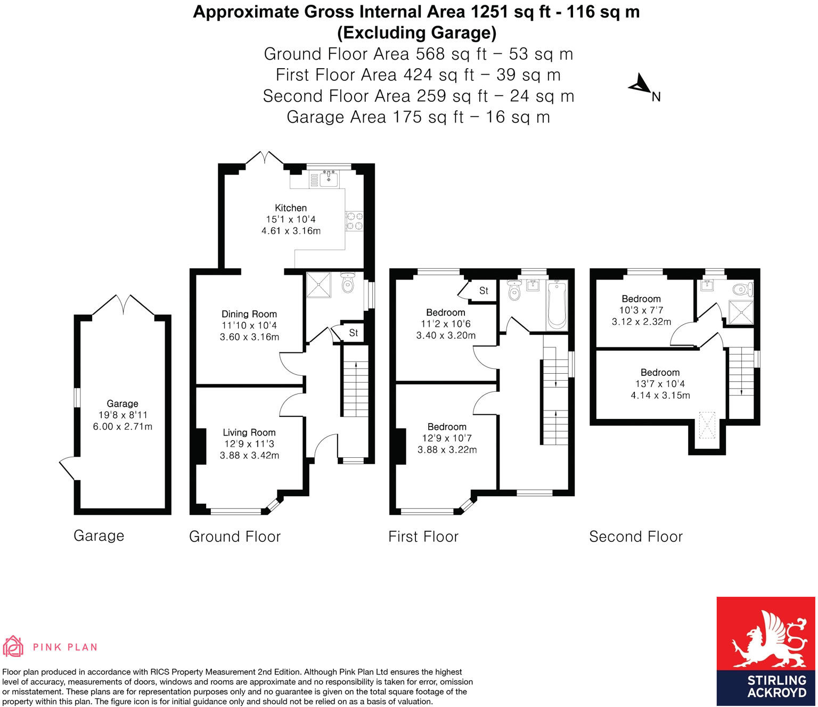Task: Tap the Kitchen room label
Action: pyautogui.click(x=291, y=208)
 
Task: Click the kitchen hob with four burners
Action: pyautogui.click(x=355, y=221)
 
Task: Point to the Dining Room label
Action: pyautogui.click(x=249, y=314)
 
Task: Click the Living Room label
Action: pyautogui.click(x=249, y=433)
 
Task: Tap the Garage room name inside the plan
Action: pyautogui.click(x=122, y=404)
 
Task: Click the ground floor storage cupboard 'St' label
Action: pyautogui.click(x=354, y=333)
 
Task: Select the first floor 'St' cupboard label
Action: pyautogui.click(x=484, y=291)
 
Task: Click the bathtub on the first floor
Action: pyautogui.click(x=557, y=306)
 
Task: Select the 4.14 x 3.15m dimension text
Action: pyautogui.click(x=660, y=396)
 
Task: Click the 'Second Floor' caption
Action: pyautogui.click(x=636, y=537)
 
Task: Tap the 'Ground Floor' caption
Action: pyautogui.click(x=235, y=537)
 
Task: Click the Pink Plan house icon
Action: pyautogui.click(x=13, y=646)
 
